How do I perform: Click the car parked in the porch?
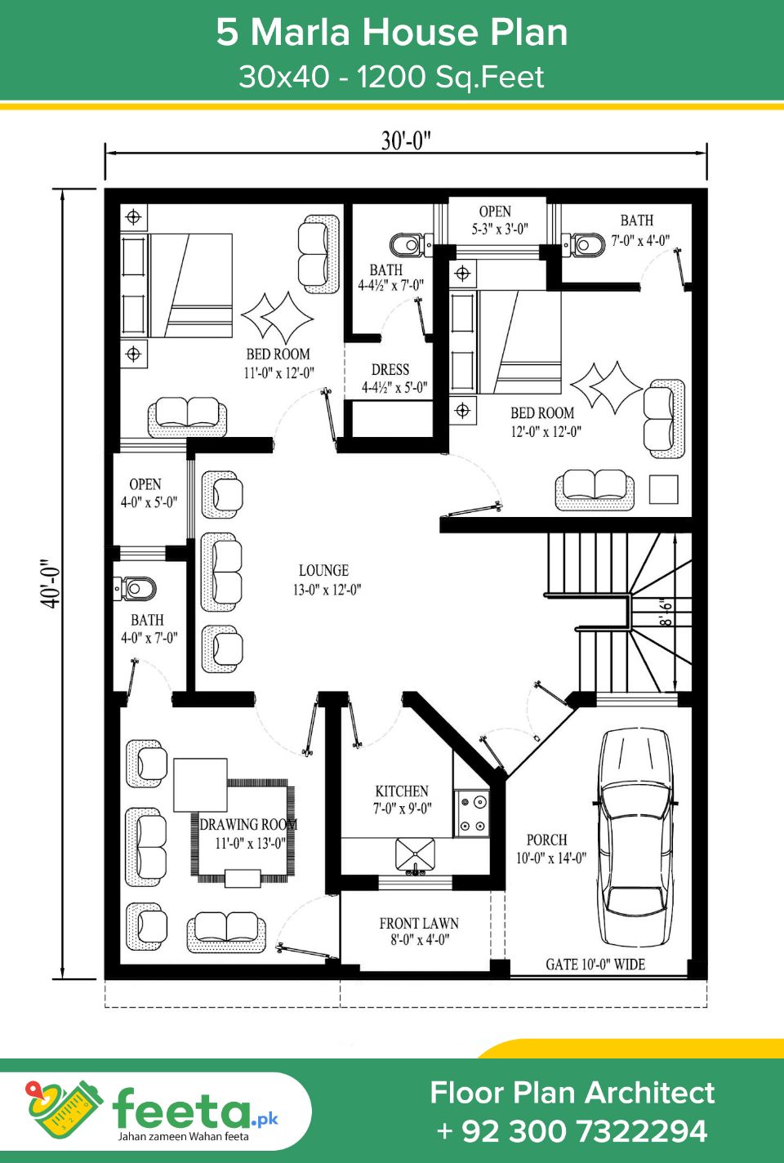[636, 837]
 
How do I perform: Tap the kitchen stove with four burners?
[471, 813]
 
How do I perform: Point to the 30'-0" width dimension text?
[406, 140]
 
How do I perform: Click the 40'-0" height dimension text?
[51, 583]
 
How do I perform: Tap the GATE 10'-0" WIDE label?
[595, 965]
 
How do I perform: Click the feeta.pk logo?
[155, 1111]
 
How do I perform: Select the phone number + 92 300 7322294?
[572, 1131]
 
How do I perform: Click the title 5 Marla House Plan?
[392, 33]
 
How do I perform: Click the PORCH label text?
[547, 840]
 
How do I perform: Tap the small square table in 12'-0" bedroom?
[663, 489]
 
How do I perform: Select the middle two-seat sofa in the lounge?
[220, 571]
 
